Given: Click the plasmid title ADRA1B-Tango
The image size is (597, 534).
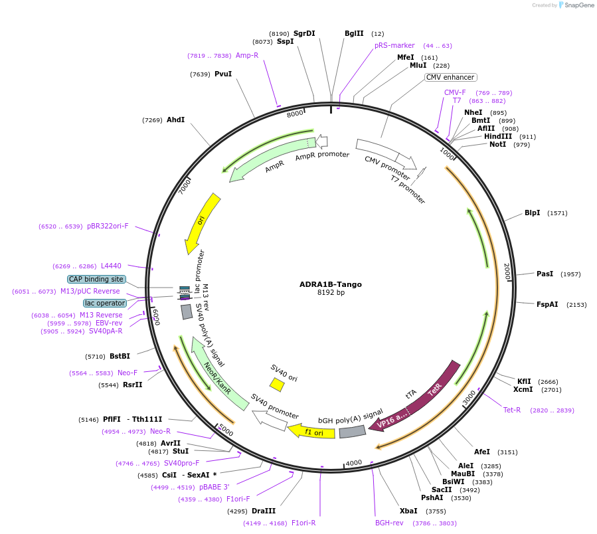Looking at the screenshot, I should coord(330,284).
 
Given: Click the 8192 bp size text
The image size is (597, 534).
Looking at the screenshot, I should coord(330,293).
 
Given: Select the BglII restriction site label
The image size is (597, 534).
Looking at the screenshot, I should coord(354,33).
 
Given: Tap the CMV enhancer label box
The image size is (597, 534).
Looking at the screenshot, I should coord(450,78).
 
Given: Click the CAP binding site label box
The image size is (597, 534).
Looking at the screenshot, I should coord(96,280).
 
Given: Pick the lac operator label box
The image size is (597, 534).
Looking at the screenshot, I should coord(104,303).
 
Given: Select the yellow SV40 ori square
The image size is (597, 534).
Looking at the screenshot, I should coord(277,384).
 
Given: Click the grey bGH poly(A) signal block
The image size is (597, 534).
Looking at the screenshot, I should coord(352,432).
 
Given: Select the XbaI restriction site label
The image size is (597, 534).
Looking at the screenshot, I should coord(408,511).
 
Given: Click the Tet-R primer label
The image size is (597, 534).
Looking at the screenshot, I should coord(512,410).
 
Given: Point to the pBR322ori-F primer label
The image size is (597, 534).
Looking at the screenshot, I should coord(108,226).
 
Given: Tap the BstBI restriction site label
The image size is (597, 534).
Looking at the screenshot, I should coord(120,357).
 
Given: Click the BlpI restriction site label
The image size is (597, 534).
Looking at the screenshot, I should coord(532,213).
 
